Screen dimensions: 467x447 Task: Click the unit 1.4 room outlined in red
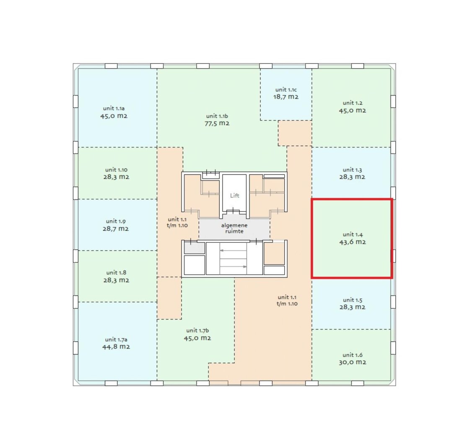coord(352,239)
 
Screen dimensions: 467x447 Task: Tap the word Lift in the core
coord(234,196)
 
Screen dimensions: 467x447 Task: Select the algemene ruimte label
coord(234,228)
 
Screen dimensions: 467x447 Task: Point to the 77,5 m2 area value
coord(217,123)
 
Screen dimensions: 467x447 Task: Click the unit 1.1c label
coord(286,90)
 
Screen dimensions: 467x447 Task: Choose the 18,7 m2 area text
coord(286,97)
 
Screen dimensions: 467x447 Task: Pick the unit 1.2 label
coord(353,103)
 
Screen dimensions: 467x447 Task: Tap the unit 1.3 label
coord(352,170)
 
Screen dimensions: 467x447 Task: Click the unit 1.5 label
coord(352,300)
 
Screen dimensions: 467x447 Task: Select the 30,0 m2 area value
coord(352,362)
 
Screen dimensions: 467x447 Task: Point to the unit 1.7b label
coord(197,331)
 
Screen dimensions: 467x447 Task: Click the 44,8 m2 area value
coord(116,347)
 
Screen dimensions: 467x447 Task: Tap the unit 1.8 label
coord(116,273)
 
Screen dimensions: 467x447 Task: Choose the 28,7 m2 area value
coord(116,229)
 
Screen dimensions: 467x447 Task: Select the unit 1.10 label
coord(116,170)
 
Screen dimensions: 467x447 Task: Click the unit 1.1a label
coord(114,109)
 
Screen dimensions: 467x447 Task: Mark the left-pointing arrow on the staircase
coord(233,251)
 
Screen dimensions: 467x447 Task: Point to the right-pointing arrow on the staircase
coord(233,267)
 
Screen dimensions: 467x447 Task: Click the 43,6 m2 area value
coord(353,242)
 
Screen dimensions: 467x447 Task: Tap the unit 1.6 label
coord(352,355)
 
